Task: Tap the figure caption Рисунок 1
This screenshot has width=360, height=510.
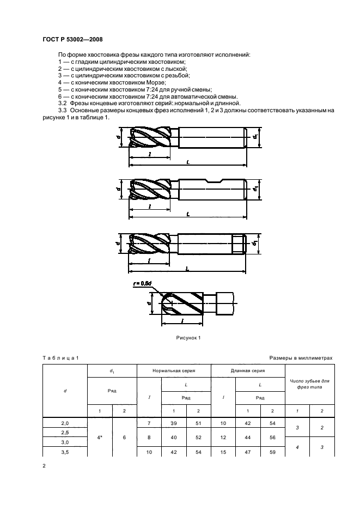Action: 188,338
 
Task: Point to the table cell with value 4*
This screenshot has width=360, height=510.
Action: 100,436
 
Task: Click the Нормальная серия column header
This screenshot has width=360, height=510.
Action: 174,371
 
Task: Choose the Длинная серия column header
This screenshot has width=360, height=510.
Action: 248,371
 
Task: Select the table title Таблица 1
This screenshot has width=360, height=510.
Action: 61,357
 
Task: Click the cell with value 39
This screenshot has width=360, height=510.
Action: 174,423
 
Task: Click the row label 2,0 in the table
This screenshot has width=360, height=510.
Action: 65,423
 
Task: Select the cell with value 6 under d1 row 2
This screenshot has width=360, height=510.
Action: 125,436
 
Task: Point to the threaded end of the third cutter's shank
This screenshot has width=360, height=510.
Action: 239,242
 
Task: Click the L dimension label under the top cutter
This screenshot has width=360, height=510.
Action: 187,162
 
